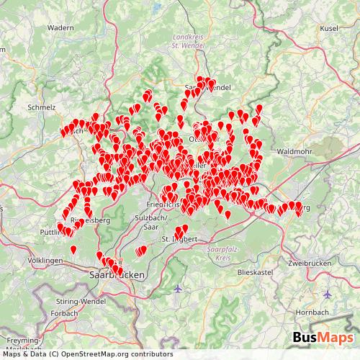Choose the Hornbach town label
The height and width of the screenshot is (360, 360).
point(311,313)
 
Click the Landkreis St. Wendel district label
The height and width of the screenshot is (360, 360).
point(191,42)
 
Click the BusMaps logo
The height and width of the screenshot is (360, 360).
point(323,339)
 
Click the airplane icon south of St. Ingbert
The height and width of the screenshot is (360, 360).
point(178,289)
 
